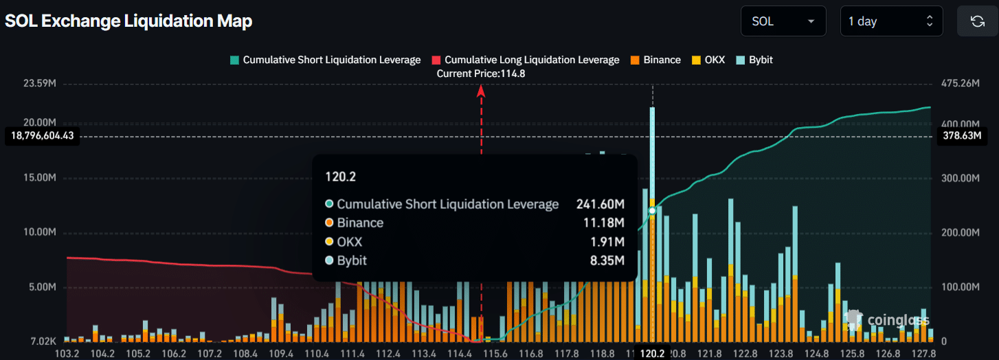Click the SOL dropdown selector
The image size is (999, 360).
(783, 21)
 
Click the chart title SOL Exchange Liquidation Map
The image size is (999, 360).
(128, 21)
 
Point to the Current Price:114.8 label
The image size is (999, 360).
(481, 74)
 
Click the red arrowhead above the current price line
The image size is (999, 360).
(481, 90)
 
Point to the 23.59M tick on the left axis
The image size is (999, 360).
(40, 84)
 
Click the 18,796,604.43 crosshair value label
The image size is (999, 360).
(42, 136)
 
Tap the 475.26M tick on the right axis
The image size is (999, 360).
(960, 84)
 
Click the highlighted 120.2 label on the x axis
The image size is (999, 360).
(652, 353)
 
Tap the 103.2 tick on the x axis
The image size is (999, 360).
(67, 353)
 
